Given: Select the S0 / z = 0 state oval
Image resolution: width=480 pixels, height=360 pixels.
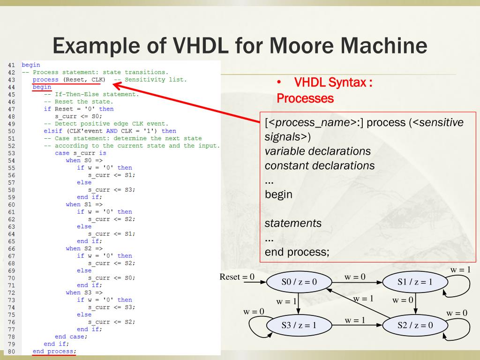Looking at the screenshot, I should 299,282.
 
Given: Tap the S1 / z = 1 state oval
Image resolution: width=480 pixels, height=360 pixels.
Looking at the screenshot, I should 415,282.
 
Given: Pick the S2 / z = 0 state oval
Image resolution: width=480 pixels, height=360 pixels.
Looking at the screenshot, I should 415,325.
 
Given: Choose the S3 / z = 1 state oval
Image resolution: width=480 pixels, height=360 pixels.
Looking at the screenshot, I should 299,325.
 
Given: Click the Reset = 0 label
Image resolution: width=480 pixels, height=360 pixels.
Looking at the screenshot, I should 237,277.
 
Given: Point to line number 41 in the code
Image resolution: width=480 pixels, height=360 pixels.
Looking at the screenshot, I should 12,65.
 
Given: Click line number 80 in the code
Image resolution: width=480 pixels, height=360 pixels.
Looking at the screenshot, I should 12,352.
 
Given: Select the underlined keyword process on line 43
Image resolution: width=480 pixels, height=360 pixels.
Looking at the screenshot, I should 45,80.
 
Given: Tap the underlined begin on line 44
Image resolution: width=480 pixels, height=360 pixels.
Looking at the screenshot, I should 42,87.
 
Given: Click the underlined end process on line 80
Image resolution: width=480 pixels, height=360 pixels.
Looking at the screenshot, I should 53,352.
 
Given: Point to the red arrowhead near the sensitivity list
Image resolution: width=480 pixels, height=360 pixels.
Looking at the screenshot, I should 116,85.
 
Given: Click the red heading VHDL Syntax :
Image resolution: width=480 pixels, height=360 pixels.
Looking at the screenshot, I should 333,83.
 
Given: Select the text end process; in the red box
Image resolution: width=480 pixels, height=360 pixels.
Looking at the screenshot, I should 297,252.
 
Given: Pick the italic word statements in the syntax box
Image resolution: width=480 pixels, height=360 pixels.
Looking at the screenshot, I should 293,223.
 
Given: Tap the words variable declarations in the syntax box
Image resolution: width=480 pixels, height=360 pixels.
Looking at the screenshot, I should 317,151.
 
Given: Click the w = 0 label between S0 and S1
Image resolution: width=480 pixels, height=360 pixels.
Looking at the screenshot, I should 355,277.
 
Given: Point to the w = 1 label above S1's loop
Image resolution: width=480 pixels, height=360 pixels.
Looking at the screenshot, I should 460,270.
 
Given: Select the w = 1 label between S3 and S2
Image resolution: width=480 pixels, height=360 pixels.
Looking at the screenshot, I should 355,321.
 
